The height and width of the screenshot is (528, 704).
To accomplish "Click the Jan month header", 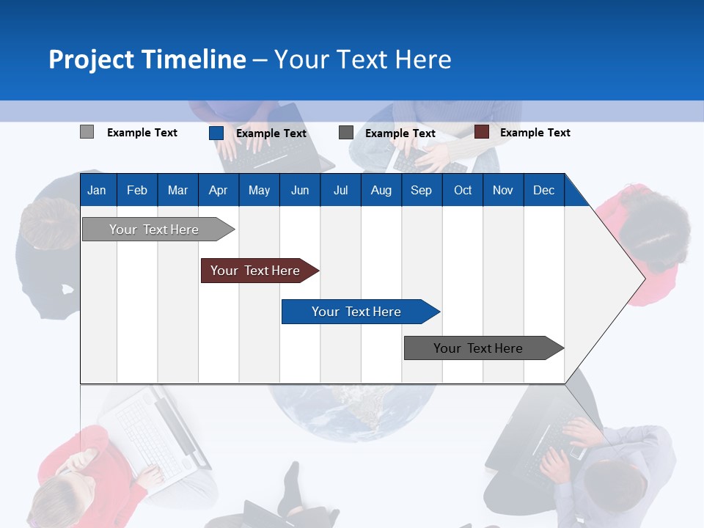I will pos(97,191).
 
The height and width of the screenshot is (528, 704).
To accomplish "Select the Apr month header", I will pos(218,191).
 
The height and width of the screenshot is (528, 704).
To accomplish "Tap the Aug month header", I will pos(381,191).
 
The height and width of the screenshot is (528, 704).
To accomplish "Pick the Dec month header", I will pos(543,191).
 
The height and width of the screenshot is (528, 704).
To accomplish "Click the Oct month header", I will pos(463,191).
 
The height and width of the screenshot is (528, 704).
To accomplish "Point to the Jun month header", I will pos(300,191).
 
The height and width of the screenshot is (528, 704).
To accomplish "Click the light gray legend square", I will pos(87,132).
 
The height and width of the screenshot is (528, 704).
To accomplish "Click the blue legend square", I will pos(216,133).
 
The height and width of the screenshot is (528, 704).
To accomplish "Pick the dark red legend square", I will pos(481,132).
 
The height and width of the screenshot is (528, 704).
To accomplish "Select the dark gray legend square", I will pos(346,133).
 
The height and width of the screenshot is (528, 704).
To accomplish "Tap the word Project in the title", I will pos(92,59).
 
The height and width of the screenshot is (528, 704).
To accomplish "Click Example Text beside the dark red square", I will pos(535,133).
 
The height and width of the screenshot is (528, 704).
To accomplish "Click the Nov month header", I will pos(503,191).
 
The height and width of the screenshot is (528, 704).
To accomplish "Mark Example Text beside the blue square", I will pos(271,133).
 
